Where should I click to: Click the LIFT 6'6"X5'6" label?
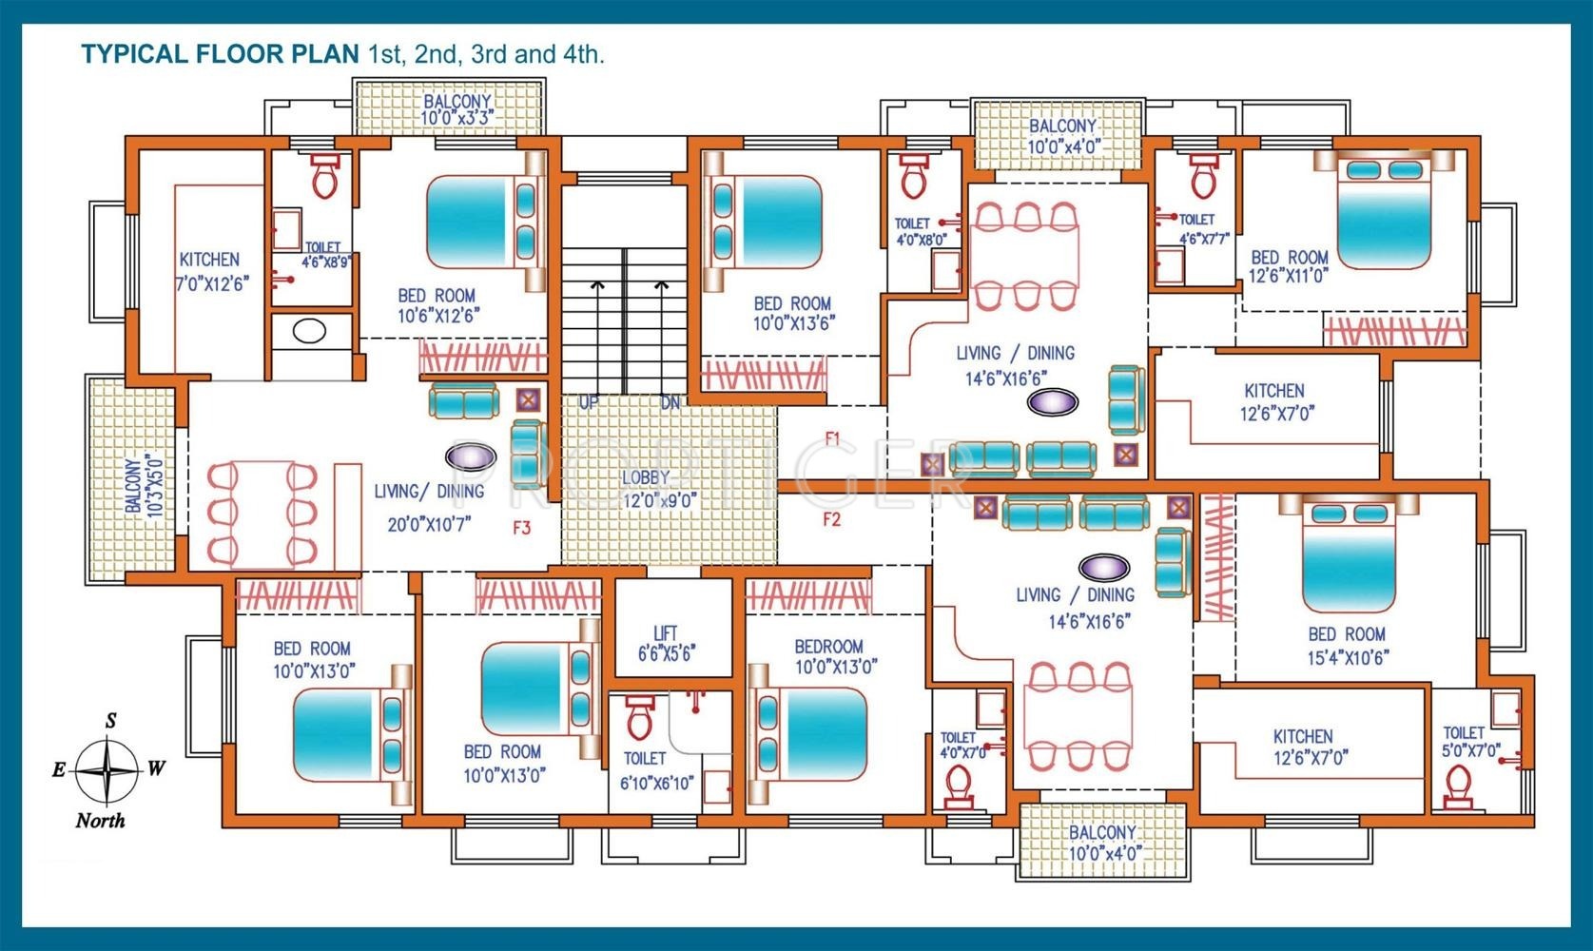(x=666, y=644)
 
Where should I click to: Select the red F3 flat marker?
(x=522, y=528)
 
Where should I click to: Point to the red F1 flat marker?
(x=832, y=438)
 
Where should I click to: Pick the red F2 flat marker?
(x=831, y=519)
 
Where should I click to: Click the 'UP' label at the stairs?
(x=588, y=402)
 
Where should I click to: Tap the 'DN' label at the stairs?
(x=670, y=402)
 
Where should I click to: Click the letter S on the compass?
(x=111, y=721)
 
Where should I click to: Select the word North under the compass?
(x=100, y=820)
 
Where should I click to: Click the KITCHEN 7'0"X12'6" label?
(x=211, y=272)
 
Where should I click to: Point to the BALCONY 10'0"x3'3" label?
(x=457, y=109)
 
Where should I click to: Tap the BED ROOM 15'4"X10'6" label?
(x=1348, y=646)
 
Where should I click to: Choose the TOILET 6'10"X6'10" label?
(x=655, y=771)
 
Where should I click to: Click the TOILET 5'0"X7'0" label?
(x=1469, y=742)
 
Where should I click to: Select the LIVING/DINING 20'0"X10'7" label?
(x=430, y=508)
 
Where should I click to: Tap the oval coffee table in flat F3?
(x=471, y=456)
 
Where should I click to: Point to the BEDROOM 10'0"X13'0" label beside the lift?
(x=835, y=656)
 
